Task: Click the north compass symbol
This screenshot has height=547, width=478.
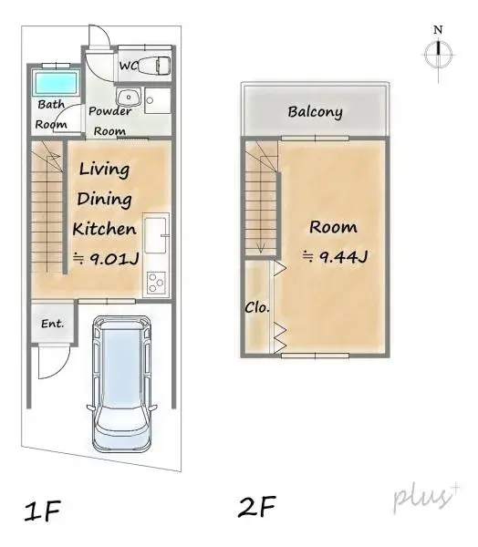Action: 438,54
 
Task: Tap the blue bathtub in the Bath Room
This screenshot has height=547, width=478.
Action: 55,84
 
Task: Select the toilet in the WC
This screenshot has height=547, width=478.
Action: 158,66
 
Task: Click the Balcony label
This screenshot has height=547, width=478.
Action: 315,112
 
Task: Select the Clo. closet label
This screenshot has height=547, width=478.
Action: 256,307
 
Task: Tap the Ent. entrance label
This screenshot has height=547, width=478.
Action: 51,324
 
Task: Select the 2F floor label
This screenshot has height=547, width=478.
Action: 256,505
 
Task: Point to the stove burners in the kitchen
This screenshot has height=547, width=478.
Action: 155,283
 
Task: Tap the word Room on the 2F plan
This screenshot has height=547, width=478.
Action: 333,227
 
